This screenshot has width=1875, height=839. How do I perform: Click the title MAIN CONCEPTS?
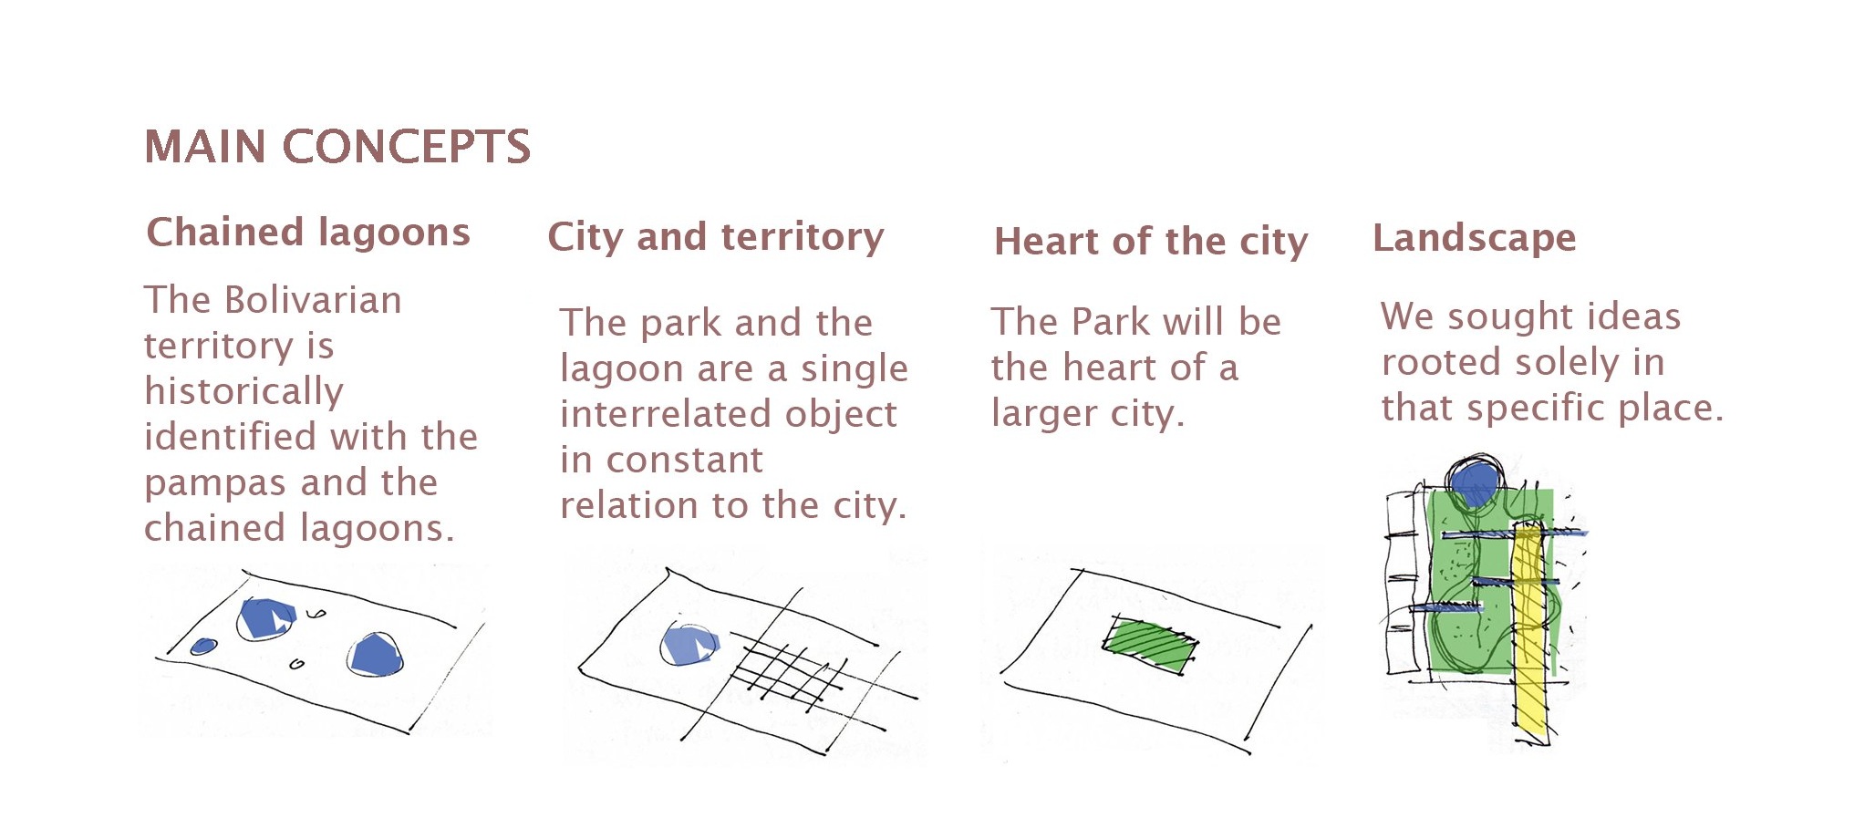point(337,147)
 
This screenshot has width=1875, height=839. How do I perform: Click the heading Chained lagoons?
point(308,233)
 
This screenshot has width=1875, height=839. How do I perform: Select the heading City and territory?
point(716,237)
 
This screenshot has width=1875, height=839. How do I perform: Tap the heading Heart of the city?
point(1151,242)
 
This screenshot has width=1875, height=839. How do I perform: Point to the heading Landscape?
point(1475,238)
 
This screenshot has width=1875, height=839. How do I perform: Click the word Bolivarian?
point(313,300)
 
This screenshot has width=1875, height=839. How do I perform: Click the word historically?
point(243,391)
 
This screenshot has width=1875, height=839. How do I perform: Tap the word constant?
point(685,460)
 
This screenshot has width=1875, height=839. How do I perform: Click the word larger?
point(1044,414)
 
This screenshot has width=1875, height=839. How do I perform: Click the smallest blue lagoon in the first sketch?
point(203,647)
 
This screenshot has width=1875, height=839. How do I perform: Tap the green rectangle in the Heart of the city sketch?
point(1150,646)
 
